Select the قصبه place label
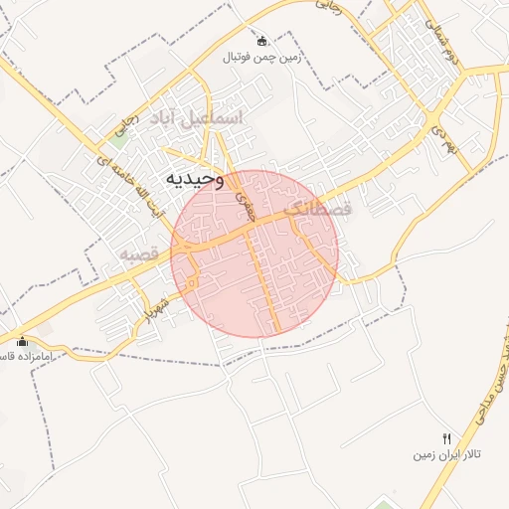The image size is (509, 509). pyautogui.click(x=140, y=254)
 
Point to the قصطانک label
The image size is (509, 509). pyautogui.click(x=318, y=210)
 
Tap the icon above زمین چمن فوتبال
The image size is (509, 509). pyautogui.click(x=261, y=41)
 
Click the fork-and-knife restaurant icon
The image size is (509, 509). pyautogui.click(x=446, y=438)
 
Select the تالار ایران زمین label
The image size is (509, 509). pyautogui.click(x=447, y=454)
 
